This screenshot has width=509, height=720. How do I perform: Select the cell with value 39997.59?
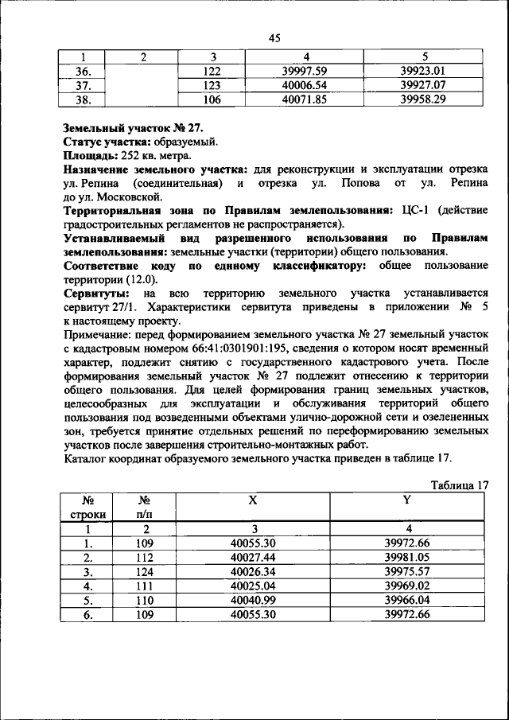pos(305,71)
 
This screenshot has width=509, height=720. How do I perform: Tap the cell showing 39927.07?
pos(425,84)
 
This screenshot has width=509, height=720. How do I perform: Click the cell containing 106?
pos(210,99)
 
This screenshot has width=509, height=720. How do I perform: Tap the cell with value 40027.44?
pos(253,557)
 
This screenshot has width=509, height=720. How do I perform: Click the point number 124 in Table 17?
pos(145,571)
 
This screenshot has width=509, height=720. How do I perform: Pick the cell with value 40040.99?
pos(253,600)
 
